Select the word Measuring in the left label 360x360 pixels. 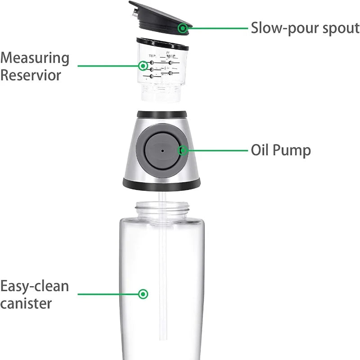click(35, 58)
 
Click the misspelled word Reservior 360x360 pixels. click(30, 75)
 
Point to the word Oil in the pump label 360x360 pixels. click(260, 150)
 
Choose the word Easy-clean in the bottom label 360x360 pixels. click(35, 286)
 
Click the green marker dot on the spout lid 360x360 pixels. click(182, 28)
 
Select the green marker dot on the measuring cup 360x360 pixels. click(143, 66)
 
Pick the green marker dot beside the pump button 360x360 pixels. click(183, 151)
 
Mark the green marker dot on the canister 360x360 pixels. click(143, 294)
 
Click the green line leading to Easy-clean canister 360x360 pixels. click(108, 294)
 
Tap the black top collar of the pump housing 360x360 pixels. click(162, 113)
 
